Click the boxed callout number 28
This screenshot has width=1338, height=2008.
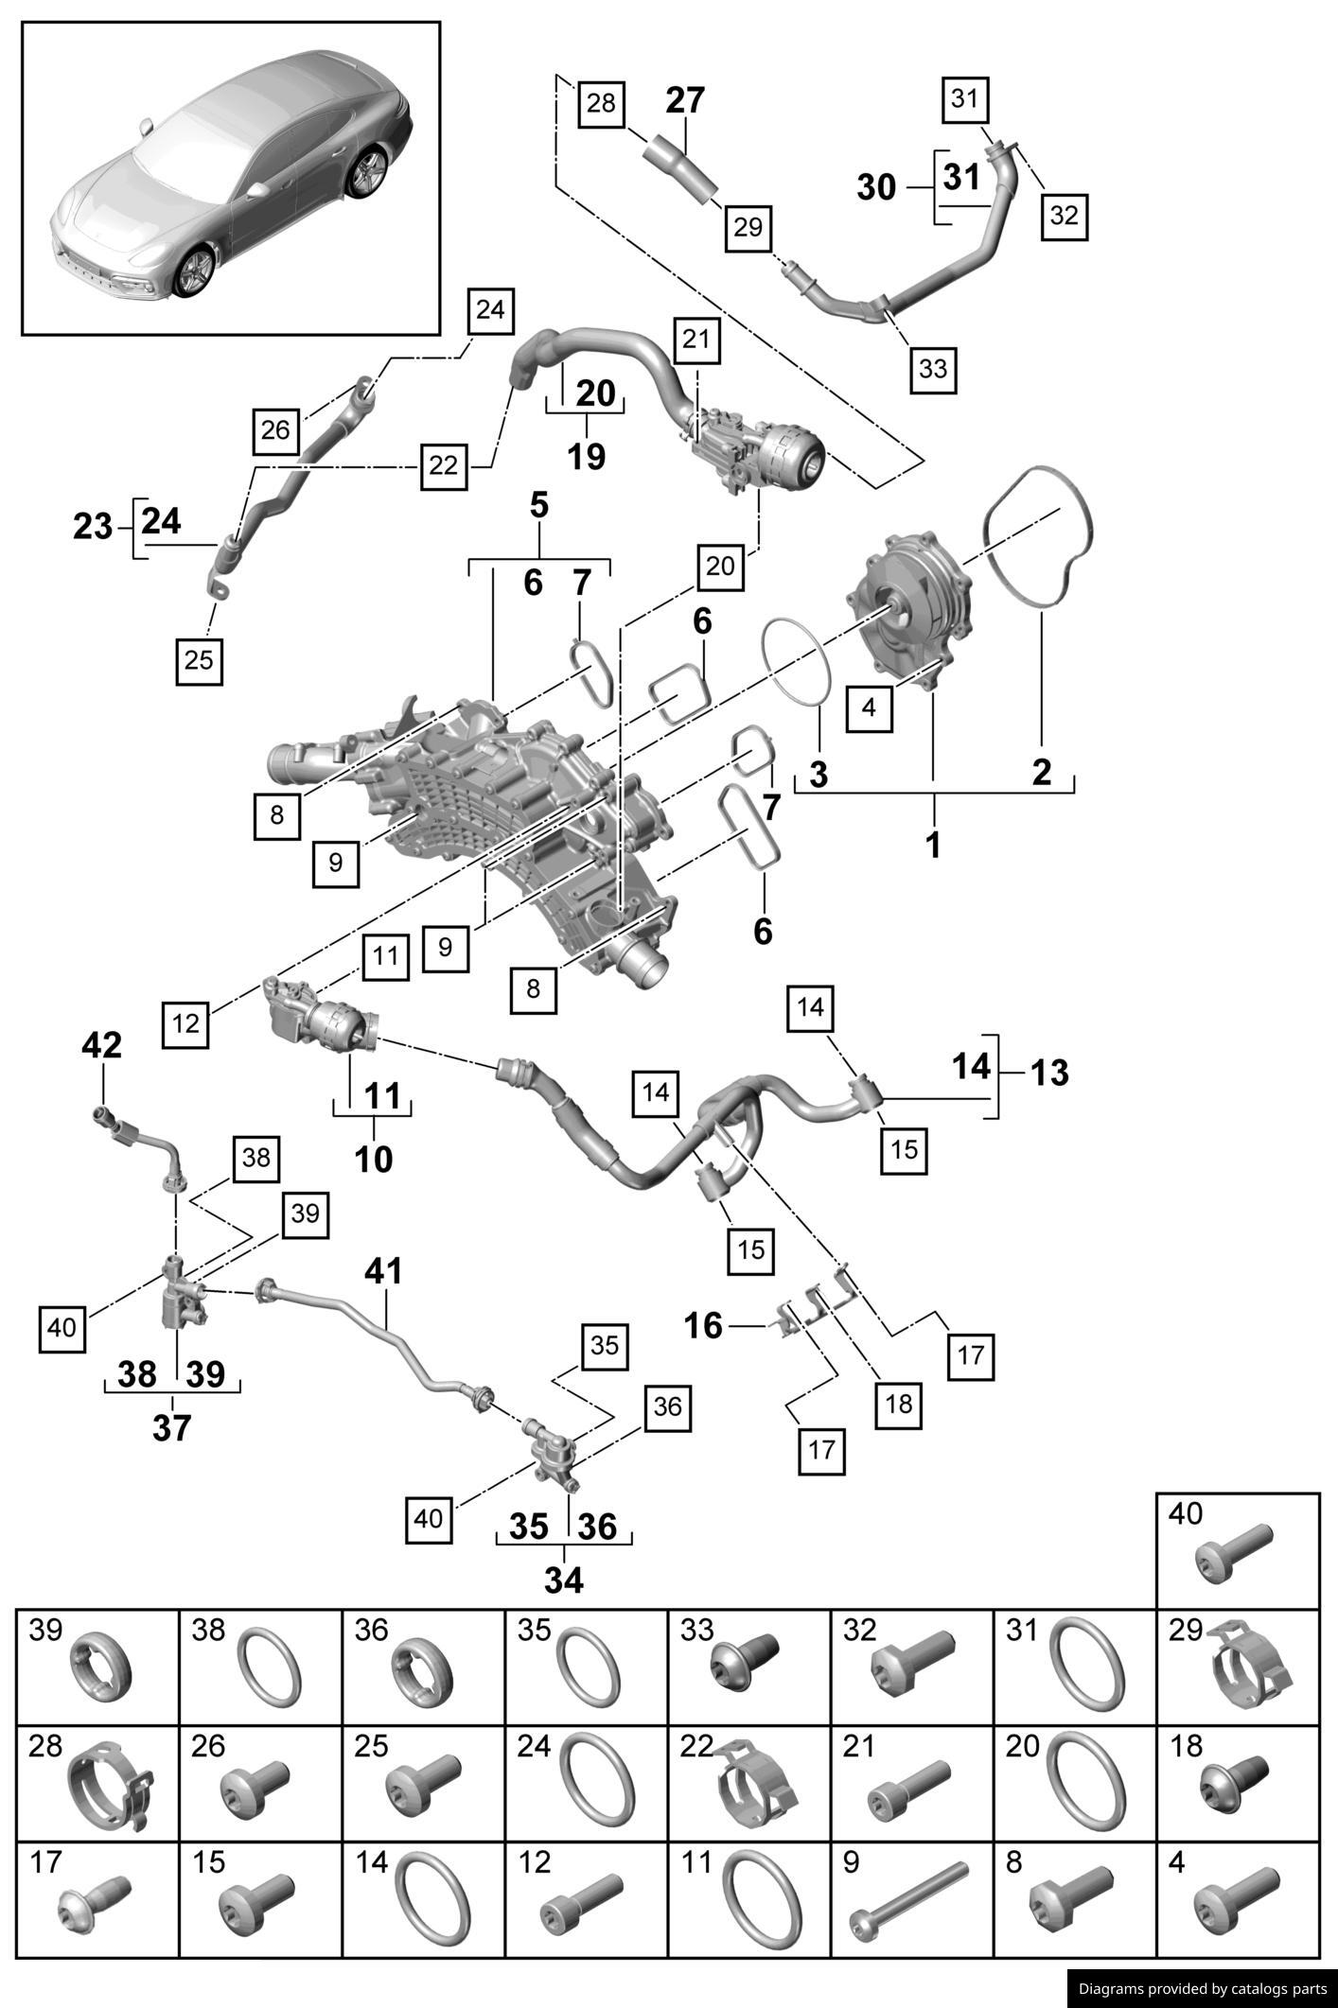point(601,102)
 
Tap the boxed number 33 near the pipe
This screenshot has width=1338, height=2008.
point(933,369)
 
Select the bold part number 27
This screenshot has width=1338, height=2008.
point(685,100)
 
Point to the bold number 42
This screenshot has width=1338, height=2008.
point(102,1045)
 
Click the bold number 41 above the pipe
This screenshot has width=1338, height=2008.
point(383,1272)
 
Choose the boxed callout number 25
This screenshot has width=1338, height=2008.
point(199,659)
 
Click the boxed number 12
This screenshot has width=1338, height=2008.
point(186,1022)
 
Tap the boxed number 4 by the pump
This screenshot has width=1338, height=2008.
point(870,707)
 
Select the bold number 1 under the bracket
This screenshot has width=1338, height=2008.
point(933,845)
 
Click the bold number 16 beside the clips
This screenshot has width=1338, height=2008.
point(703,1326)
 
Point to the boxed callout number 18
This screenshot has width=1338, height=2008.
point(899,1404)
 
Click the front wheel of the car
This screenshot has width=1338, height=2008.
point(195,271)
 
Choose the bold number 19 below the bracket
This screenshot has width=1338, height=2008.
point(586,456)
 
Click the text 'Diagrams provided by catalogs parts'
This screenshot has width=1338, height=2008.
point(1203,1989)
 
